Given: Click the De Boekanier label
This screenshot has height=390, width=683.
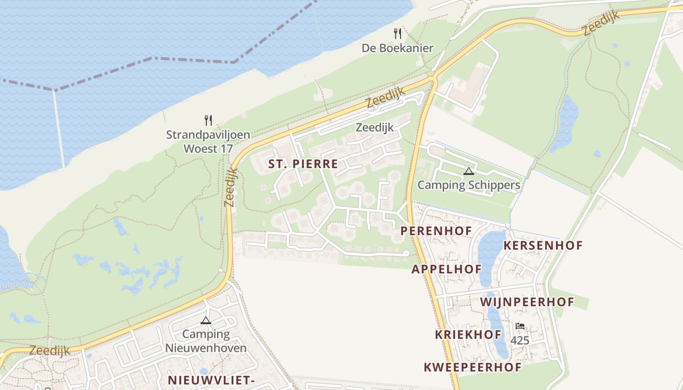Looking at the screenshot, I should (397, 48).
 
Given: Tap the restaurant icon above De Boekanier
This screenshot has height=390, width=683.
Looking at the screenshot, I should (398, 34).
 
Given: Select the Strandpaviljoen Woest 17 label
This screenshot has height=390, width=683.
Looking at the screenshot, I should (208, 141).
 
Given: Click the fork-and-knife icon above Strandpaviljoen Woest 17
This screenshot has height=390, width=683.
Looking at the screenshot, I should (208, 120).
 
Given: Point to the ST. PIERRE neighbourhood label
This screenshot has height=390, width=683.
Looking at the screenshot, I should (303, 164).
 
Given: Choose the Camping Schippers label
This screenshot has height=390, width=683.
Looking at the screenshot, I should (469, 185).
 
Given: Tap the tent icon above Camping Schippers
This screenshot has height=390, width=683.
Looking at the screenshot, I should (469, 171).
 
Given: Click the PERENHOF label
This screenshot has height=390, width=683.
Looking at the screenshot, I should (436, 231).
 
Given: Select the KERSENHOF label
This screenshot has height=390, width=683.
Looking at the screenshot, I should (543, 245).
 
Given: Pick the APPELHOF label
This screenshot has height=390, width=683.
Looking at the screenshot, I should (446, 269).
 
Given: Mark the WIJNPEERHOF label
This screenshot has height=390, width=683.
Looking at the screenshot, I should (527, 302).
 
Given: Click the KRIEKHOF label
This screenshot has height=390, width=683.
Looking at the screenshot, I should (468, 334).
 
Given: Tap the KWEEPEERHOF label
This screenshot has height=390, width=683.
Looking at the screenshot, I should (472, 367).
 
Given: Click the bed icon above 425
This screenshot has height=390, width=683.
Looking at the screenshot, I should (520, 326).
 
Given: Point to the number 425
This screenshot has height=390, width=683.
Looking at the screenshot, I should (520, 340).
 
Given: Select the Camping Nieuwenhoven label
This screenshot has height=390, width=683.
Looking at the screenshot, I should (206, 341).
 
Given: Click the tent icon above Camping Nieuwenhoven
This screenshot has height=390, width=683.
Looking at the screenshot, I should (206, 320).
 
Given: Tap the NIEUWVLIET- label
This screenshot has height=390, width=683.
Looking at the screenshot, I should (211, 380).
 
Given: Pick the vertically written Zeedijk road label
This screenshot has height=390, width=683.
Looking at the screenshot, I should (230, 187).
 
